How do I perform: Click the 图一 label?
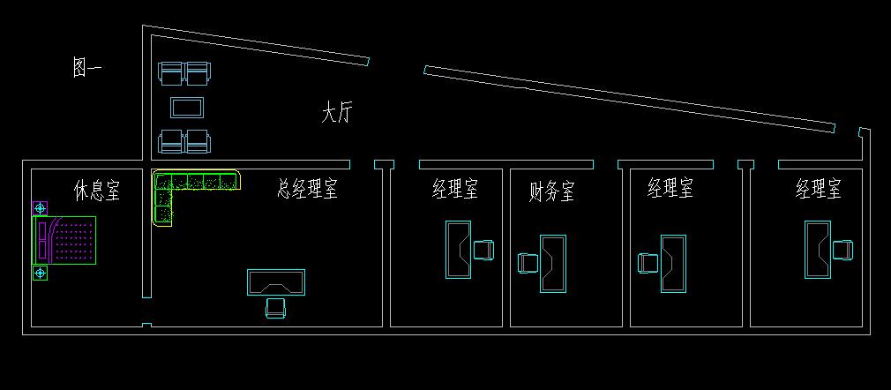coord(86,68)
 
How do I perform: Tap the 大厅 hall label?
coord(336,113)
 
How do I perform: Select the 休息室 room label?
coord(96,191)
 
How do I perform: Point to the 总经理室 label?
coord(307,188)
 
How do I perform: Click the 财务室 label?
coord(551,191)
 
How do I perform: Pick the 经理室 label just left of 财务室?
coord(454,188)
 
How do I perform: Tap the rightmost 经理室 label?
coord(818,188)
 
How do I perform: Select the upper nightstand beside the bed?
coord(40,208)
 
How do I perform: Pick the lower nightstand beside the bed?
coord(40,274)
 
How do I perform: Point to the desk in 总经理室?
coord(276,282)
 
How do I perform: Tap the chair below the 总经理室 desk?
coord(275,307)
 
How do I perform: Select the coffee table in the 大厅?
coord(187,108)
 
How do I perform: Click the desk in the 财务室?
coord(553,263)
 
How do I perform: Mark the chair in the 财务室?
coord(528,263)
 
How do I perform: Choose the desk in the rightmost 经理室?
coord(817,250)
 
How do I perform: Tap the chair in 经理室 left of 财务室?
coord(483,250)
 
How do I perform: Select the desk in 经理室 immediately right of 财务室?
coord(673,263)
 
